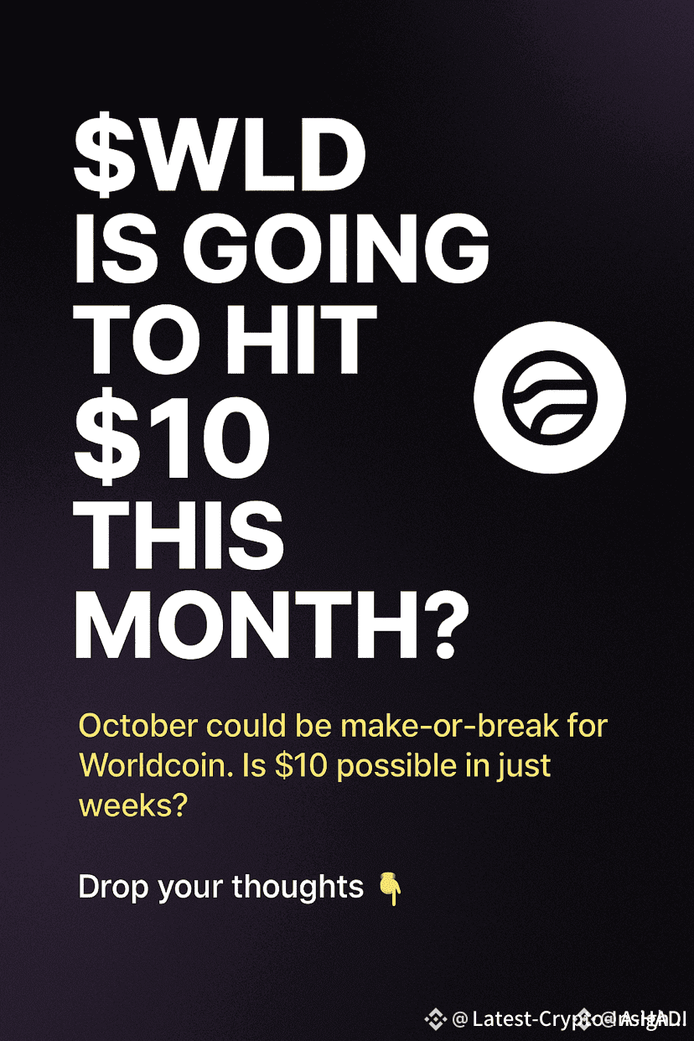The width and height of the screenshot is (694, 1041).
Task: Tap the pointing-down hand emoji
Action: pyautogui.click(x=390, y=888)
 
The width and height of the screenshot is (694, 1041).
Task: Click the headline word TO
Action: pyautogui.click(x=129, y=343)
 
